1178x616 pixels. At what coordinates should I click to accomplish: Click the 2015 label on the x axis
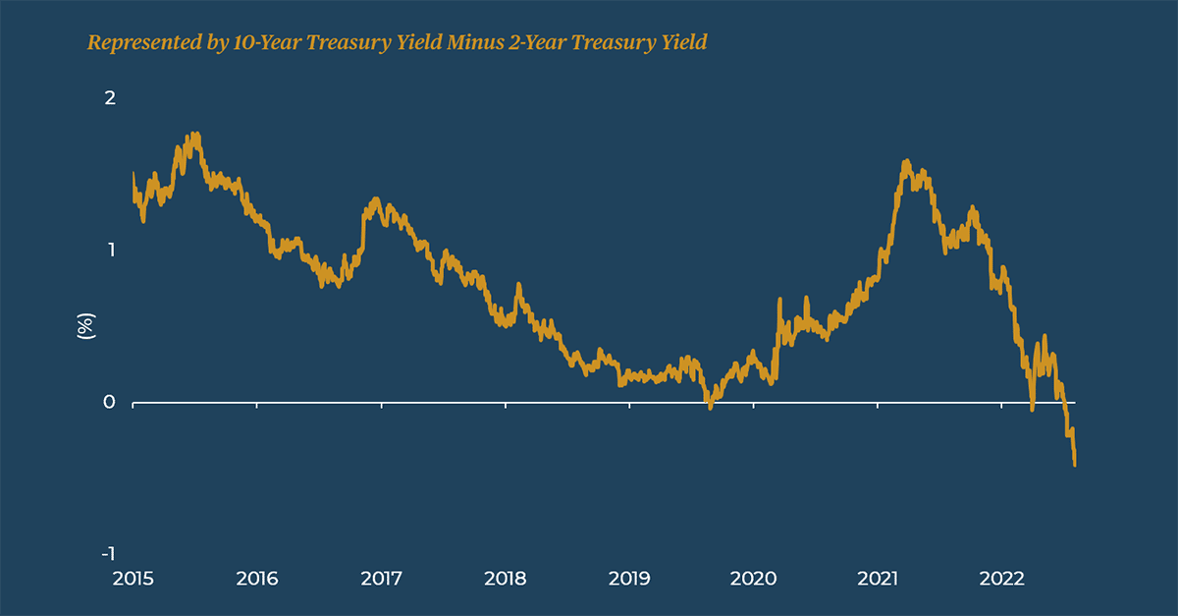click(x=133, y=579)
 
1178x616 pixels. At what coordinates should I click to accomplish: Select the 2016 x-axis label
click(x=256, y=579)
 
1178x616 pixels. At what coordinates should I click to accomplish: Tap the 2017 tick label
click(x=381, y=579)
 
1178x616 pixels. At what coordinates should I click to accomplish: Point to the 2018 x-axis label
click(x=505, y=579)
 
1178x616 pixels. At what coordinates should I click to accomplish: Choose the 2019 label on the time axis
click(x=628, y=579)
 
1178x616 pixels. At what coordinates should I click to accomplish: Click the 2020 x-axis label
click(x=753, y=579)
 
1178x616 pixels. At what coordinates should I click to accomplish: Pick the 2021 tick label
click(x=877, y=579)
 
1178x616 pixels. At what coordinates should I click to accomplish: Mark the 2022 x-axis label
click(x=1000, y=579)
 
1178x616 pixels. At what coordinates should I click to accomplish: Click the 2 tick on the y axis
click(x=111, y=98)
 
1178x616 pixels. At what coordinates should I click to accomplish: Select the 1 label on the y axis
click(x=111, y=250)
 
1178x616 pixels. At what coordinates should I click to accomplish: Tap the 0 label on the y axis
click(x=111, y=402)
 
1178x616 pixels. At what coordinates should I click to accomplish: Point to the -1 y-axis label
click(x=108, y=553)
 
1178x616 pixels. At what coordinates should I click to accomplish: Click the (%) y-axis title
click(x=85, y=326)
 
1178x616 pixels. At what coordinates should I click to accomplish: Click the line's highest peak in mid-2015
click(x=195, y=134)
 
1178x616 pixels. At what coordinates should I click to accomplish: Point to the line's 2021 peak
click(x=905, y=161)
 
